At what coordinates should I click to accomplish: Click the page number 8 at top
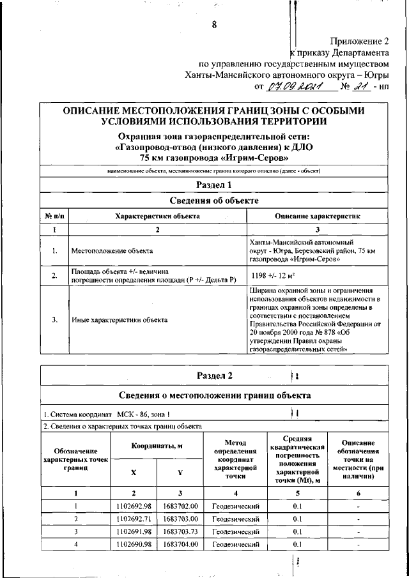point(214,25)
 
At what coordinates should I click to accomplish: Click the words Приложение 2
point(359,40)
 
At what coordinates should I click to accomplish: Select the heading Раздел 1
point(214,184)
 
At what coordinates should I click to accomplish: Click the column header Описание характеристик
point(318,217)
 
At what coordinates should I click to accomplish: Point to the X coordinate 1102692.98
point(134,507)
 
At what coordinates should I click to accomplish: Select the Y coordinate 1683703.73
point(180,531)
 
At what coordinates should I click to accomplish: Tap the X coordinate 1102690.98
point(134,544)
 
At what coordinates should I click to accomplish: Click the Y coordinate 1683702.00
point(180,507)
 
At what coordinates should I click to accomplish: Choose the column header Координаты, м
point(157,446)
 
